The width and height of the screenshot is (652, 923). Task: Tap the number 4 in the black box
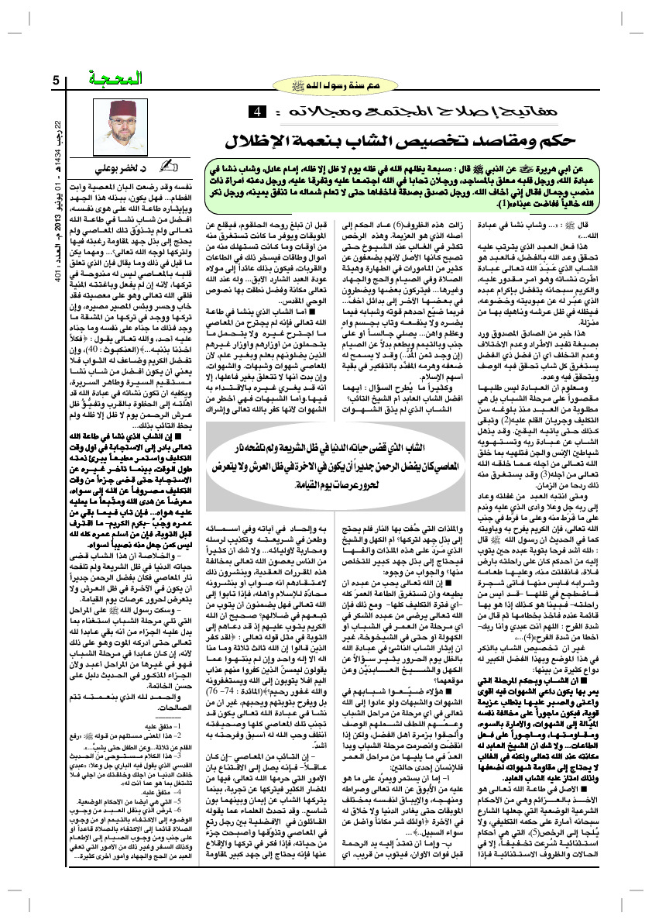coord(255,114)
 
